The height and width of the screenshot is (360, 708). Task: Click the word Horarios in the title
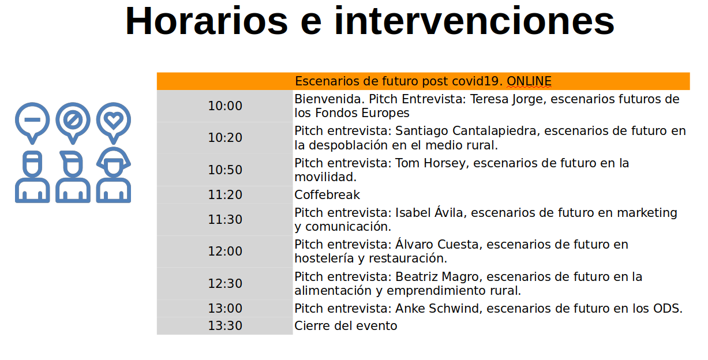[207, 21]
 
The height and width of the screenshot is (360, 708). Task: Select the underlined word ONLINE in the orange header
[529, 81]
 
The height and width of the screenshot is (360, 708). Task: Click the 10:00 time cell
[225, 106]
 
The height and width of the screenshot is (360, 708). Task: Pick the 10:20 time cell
[225, 138]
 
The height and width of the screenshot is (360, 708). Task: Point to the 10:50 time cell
[225, 170]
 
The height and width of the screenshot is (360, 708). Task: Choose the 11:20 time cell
[225, 194]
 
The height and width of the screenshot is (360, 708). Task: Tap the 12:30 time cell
[225, 283]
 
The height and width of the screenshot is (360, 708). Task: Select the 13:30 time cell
[225, 326]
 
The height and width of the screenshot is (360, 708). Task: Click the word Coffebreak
[327, 194]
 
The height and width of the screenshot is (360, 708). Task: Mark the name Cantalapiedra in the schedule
[494, 131]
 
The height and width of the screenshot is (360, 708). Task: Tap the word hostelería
[324, 258]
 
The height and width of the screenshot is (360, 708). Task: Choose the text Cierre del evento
[346, 326]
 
